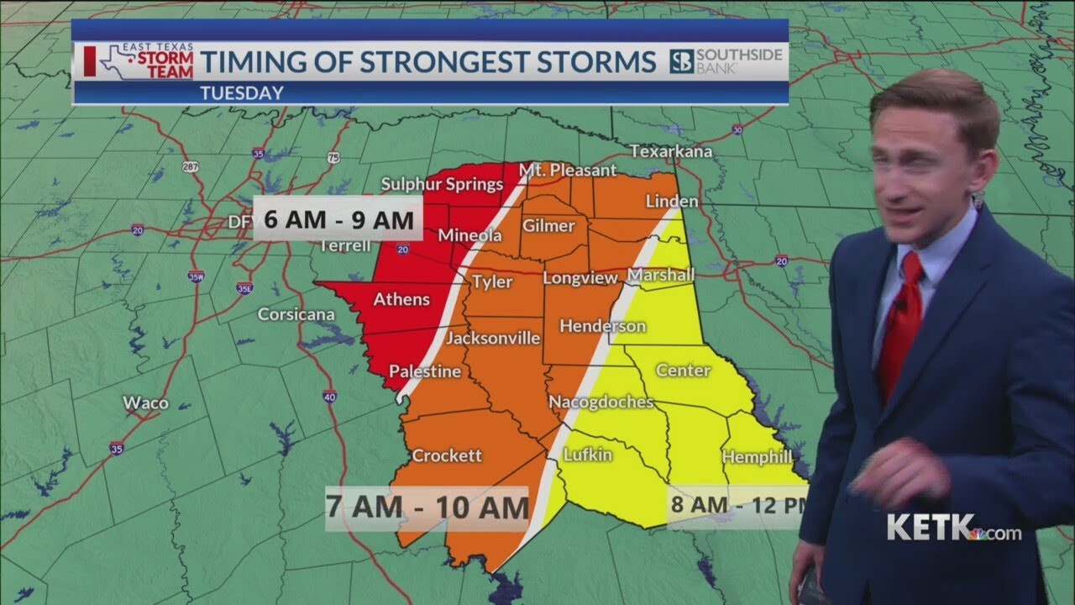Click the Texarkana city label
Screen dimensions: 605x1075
672,152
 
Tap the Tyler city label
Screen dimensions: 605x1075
491,281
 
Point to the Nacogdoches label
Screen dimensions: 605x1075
600,402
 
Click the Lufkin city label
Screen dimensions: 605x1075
587,455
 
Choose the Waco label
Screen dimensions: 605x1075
145,402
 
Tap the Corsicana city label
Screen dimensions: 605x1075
296,314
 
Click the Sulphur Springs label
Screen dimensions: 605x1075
442,184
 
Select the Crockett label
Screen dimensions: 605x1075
447,455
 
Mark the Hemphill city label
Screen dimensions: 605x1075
757,457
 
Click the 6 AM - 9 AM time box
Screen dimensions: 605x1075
338,219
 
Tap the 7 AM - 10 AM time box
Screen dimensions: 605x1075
427,508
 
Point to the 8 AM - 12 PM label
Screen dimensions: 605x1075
736,506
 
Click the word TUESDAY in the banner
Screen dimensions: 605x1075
242,93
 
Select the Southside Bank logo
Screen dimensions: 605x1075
726,61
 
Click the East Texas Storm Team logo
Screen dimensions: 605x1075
139,61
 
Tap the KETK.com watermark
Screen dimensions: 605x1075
953,529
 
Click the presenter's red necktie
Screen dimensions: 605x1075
902,324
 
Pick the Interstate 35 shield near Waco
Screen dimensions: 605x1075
116,449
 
